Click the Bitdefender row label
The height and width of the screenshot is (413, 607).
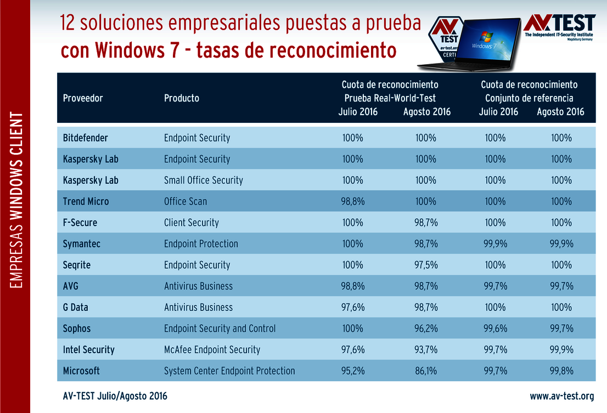[x=86, y=138]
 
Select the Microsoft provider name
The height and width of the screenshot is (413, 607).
[x=81, y=371]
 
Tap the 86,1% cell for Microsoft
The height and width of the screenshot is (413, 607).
[x=426, y=371]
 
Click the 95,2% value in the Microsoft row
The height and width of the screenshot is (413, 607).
[x=352, y=371]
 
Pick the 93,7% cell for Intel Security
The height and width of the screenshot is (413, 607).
[x=426, y=349]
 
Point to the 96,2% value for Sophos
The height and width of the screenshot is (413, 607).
[x=426, y=329]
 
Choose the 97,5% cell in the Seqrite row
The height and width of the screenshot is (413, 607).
[x=426, y=265]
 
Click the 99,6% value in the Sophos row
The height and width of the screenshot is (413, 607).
[x=495, y=329]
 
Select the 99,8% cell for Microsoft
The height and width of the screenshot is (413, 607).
[x=561, y=371]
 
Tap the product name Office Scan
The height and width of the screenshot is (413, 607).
[x=186, y=201]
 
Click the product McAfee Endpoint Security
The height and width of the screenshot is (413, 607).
[x=212, y=349]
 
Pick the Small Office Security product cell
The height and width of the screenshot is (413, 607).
[x=203, y=180]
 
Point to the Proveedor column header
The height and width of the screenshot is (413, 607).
[x=83, y=98]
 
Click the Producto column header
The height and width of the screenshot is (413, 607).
[x=182, y=98]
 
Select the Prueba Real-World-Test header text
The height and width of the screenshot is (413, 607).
[x=390, y=98]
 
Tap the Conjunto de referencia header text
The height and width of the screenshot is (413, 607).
[x=529, y=98]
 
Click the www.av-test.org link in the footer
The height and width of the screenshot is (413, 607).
[x=561, y=396]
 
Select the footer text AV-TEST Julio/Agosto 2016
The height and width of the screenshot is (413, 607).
[x=115, y=396]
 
